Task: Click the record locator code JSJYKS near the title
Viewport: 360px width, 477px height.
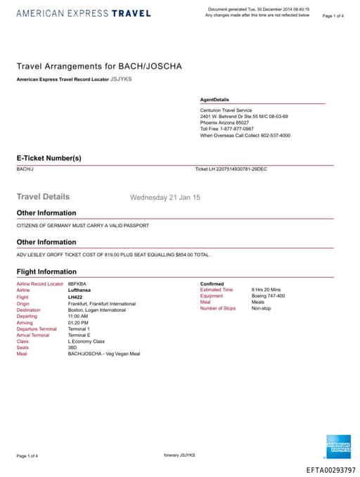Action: click(x=121, y=79)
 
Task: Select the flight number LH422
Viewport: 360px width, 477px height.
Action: click(x=75, y=296)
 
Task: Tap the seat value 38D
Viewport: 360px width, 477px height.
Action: click(x=72, y=347)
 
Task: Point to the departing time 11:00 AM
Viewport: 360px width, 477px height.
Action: click(x=77, y=315)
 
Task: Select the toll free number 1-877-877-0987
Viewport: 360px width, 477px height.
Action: click(x=236, y=129)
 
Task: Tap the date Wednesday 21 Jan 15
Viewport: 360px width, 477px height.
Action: click(x=165, y=198)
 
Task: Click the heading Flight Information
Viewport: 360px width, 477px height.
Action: click(x=46, y=271)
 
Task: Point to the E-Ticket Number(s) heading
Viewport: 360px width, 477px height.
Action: click(x=49, y=158)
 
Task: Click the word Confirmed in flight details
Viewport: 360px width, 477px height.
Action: click(x=212, y=284)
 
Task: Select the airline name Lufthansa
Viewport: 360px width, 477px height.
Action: click(x=79, y=290)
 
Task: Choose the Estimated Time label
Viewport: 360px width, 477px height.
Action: click(x=216, y=290)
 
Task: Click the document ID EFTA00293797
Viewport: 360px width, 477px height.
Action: click(x=331, y=469)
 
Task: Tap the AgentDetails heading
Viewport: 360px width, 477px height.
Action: click(x=214, y=100)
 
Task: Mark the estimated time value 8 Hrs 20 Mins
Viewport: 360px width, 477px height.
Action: click(x=266, y=290)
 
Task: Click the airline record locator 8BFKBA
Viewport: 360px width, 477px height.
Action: click(x=77, y=284)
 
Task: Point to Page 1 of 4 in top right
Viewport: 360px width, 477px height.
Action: click(x=333, y=15)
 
